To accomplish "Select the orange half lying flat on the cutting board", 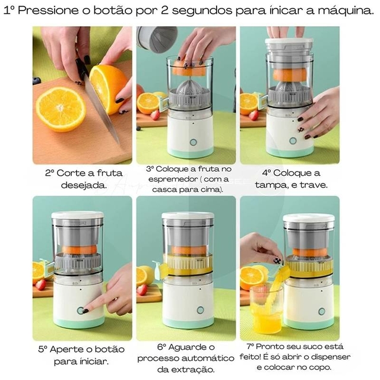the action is click(61, 109).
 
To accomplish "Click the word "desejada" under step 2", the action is click(83, 186).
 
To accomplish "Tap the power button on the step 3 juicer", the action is click(193, 142).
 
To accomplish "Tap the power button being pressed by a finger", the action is click(80, 311).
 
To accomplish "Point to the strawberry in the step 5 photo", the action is click(41, 285).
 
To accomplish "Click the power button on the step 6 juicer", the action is click(200, 310).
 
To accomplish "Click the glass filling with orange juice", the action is click(265, 309).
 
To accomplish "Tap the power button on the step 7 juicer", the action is click(321, 311).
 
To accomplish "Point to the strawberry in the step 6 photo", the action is click(142, 290).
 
